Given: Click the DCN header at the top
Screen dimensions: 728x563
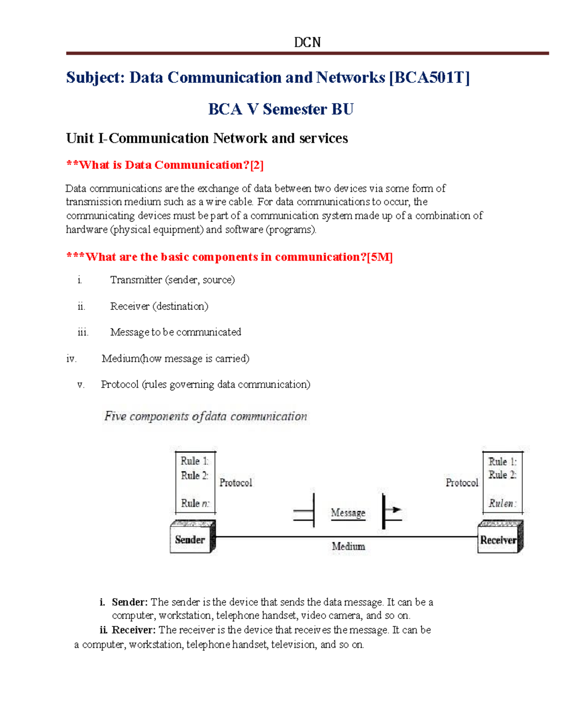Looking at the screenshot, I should point(307,43).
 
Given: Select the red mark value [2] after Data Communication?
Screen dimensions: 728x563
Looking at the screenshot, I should point(257,165).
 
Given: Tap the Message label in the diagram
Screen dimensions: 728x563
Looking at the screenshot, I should point(348,513).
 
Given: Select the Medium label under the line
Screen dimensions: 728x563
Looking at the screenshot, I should point(348,547).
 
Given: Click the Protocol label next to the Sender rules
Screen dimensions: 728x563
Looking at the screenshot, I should point(236,483).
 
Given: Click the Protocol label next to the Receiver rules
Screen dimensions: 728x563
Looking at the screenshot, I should point(462,483).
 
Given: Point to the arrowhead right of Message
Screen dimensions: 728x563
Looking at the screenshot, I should point(396,510).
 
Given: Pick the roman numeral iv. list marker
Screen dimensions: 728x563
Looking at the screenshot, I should point(71,359).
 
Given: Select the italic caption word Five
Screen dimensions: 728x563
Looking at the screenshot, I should point(115,416).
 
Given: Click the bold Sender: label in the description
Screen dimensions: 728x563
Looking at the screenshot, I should point(129,602).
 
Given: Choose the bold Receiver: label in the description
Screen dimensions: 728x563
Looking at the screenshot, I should point(133,630).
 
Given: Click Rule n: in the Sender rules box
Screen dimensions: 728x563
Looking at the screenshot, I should point(195,503).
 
